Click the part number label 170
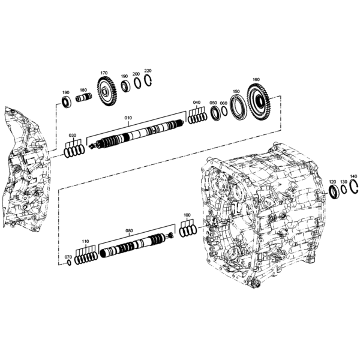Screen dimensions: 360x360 [x=104, y=73]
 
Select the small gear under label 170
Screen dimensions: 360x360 [x=107, y=92]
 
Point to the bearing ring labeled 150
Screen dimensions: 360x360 [x=238, y=107]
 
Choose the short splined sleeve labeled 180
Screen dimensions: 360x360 [x=83, y=98]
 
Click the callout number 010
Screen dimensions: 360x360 [x=128, y=118]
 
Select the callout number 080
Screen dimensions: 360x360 [x=129, y=230]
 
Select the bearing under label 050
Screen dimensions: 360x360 [x=216, y=113]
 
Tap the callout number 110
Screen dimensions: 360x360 [x=85, y=242]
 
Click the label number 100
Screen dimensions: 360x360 [x=187, y=215]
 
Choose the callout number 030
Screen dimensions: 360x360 [x=73, y=136]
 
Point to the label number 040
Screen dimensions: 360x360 [x=197, y=102]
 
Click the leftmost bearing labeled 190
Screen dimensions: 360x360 [x=66, y=103]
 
